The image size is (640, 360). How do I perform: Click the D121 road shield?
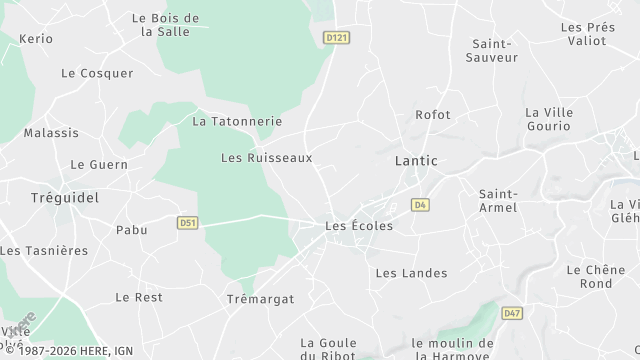pyautogui.click(x=336, y=37)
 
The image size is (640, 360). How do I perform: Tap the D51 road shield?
pyautogui.click(x=187, y=223)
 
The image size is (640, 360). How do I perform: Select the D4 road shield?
pyautogui.click(x=420, y=204)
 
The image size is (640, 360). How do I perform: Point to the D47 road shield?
pyautogui.click(x=512, y=313)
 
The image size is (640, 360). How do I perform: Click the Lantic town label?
pyautogui.click(x=416, y=160)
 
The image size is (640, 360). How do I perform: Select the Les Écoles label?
pyautogui.click(x=359, y=226)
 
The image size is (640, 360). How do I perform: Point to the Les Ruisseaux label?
pyautogui.click(x=266, y=158)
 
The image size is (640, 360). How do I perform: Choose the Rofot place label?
pyautogui.click(x=433, y=115)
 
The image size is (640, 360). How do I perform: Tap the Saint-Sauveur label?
pyautogui.click(x=492, y=50)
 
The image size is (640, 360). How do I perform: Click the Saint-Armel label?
pyautogui.click(x=498, y=200)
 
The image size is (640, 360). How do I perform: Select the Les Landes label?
pyautogui.click(x=411, y=273)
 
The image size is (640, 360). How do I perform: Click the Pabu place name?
pyautogui.click(x=131, y=230)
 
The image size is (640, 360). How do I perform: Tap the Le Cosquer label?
pyautogui.click(x=97, y=73)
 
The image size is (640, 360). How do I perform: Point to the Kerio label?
pyautogui.click(x=35, y=38)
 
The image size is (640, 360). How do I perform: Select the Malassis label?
pyautogui.click(x=51, y=132)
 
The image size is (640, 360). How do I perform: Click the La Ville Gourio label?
pyautogui.click(x=549, y=120)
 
